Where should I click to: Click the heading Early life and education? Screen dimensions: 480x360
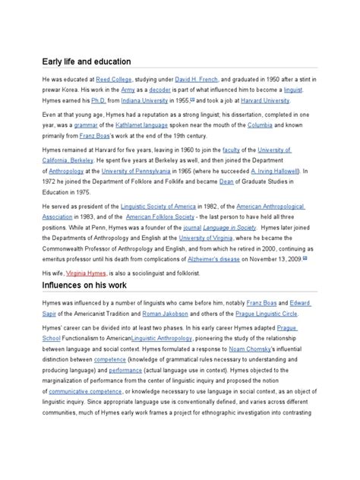[87, 61]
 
